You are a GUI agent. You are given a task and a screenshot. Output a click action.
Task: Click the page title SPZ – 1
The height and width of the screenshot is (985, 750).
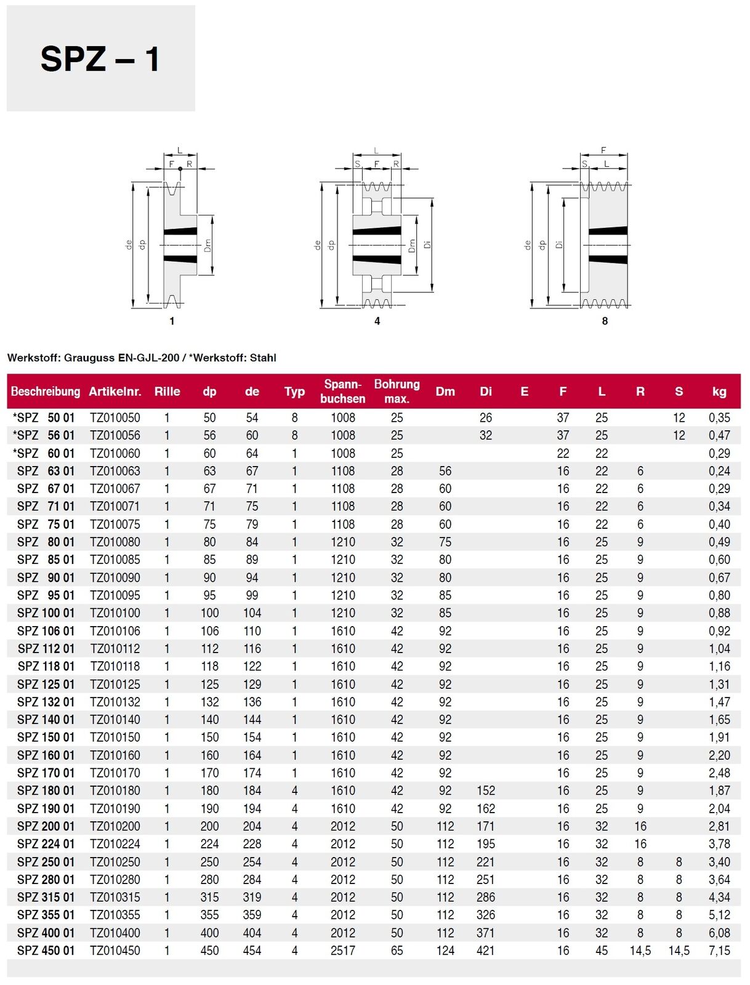pos(100,60)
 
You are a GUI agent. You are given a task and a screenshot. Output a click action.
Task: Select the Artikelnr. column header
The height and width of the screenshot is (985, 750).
pos(115,392)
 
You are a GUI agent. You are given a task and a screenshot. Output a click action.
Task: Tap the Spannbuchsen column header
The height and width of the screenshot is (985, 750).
pos(342,392)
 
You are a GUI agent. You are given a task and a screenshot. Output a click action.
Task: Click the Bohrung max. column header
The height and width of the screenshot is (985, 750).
pos(397,392)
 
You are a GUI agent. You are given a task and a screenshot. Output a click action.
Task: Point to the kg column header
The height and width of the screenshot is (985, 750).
pos(719,392)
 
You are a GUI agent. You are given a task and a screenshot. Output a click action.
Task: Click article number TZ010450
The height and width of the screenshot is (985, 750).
pos(115,951)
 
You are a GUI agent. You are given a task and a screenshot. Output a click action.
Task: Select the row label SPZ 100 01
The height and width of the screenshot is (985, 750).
pos(46,613)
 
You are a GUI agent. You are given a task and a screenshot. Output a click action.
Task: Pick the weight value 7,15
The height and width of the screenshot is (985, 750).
pos(719,951)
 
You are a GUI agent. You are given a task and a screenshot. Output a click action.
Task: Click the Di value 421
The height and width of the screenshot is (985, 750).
pos(485,951)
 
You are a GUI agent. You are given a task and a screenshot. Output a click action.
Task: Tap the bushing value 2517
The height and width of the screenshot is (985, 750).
pos(342,951)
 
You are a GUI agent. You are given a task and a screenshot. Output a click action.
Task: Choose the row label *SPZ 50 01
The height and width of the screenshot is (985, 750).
pos(43,418)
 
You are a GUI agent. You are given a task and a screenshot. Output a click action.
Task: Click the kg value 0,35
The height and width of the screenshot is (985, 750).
pos(719,418)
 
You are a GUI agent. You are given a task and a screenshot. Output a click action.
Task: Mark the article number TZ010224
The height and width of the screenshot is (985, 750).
pos(115,844)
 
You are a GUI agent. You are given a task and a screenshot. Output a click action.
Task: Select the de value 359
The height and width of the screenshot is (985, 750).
pos(252,915)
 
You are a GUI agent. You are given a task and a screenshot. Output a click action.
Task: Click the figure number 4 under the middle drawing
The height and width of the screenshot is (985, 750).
pos(377,321)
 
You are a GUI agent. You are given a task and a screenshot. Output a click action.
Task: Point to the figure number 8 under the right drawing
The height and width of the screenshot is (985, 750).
pos(605,321)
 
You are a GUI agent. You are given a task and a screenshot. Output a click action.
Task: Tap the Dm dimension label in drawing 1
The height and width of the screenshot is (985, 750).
pos(208,246)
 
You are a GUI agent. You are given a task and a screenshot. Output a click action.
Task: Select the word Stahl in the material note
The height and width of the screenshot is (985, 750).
pos(262,358)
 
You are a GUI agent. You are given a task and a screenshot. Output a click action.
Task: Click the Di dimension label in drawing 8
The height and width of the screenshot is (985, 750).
pos(558,244)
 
